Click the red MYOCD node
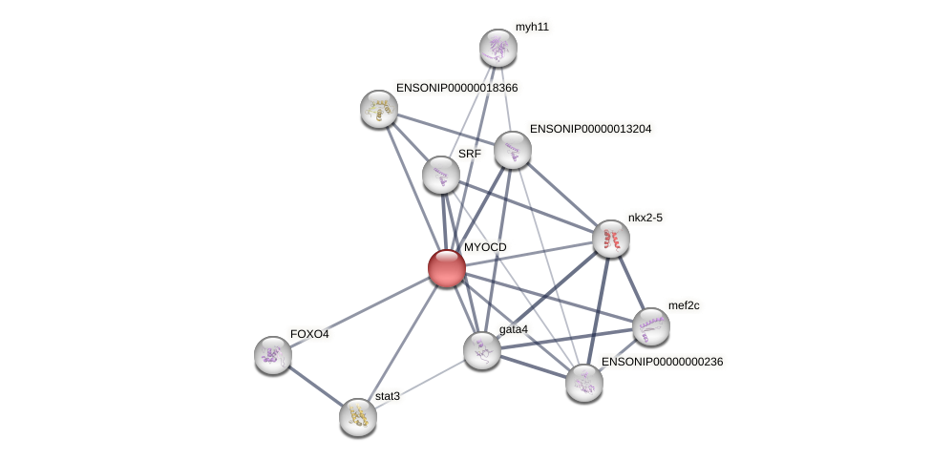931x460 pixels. (446, 268)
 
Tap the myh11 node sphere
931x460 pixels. (497, 48)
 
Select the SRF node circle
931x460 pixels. (441, 175)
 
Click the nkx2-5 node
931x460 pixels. (611, 239)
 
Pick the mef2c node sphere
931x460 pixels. (651, 326)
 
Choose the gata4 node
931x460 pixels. (482, 350)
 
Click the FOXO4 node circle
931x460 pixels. (273, 355)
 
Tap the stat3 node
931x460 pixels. (358, 417)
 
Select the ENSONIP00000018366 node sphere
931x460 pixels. (379, 109)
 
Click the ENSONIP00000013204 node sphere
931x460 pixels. (513, 150)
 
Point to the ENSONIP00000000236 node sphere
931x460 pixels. (584, 383)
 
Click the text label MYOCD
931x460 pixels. (485, 247)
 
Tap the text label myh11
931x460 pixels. (532, 27)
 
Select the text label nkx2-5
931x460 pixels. (645, 218)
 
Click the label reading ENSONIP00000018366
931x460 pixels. (456, 88)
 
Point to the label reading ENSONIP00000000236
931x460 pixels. (662, 362)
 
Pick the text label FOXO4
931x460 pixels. (308, 334)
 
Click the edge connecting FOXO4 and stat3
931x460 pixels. (315, 386)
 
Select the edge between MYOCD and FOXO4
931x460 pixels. (360, 311)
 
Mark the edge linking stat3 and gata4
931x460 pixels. (420, 384)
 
